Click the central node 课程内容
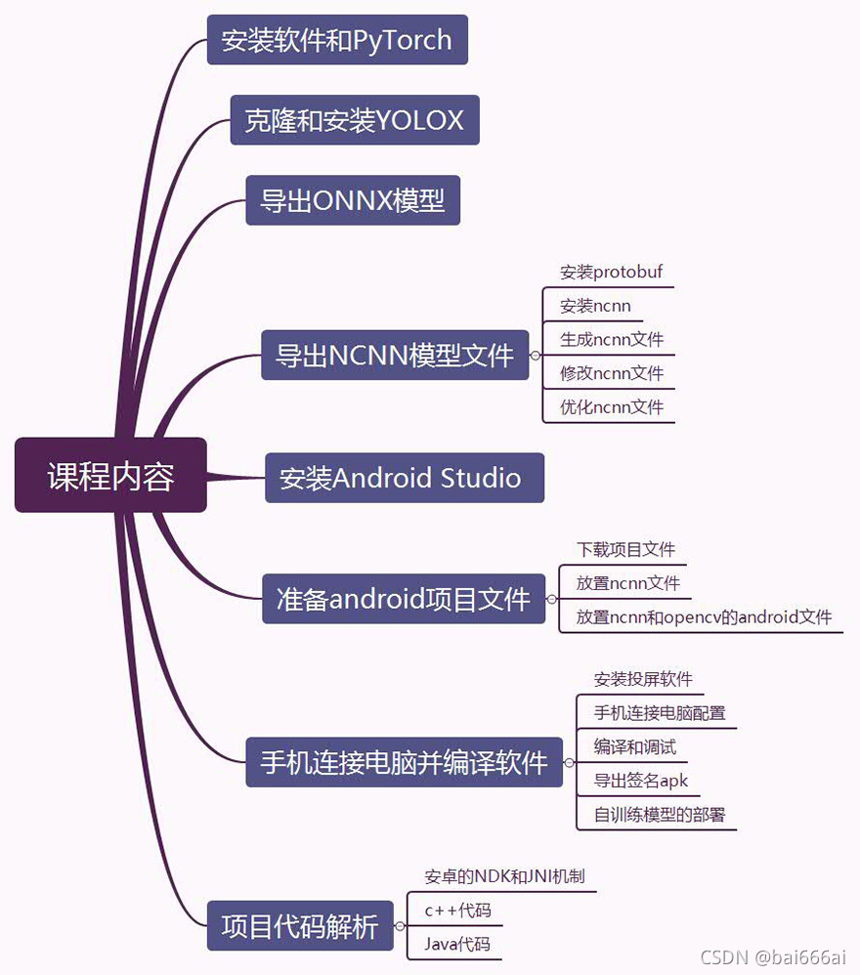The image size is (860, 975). click(110, 475)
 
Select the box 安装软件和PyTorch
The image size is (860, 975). click(337, 40)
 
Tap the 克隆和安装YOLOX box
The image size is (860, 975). click(355, 120)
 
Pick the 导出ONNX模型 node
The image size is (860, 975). click(352, 200)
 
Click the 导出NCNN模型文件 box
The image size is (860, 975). click(394, 355)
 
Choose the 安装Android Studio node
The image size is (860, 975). click(404, 478)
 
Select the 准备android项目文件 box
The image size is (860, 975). click(404, 599)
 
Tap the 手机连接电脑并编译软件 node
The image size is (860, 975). click(404, 761)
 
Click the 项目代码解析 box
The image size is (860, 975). click(299, 925)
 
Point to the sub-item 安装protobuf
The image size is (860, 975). click(611, 272)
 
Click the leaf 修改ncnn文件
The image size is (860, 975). click(611, 373)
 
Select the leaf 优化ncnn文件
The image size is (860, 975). click(611, 407)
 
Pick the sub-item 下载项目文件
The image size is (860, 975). click(625, 550)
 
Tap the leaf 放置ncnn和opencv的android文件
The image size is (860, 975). click(704, 617)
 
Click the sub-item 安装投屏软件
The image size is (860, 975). click(643, 679)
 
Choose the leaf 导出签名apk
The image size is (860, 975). click(640, 781)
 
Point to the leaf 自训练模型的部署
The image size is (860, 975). click(660, 815)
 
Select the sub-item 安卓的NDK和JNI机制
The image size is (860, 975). click(504, 876)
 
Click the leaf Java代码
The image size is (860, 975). click(457, 945)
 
